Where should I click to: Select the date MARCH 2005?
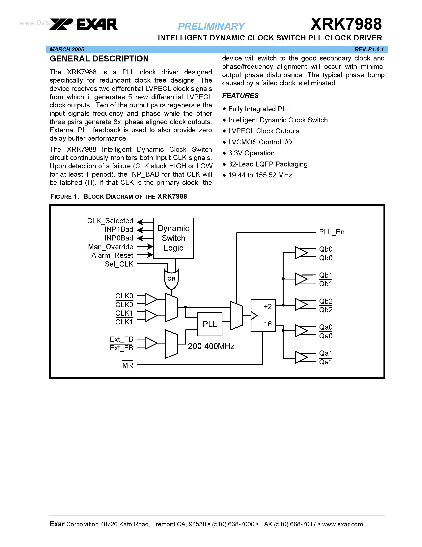coord(67,49)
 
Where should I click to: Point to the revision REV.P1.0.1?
coord(369,49)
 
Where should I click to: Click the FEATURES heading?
coord(240,95)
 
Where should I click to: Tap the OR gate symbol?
coord(171,279)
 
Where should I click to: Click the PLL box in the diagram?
coord(210,324)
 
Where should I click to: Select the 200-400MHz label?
coord(211,346)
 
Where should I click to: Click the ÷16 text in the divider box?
coord(266,324)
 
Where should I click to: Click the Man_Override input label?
coord(110,247)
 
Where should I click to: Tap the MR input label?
coord(127,365)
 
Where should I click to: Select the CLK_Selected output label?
coord(110,221)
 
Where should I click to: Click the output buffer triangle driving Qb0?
coord(301,252)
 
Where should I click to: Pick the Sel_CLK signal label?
coord(119,264)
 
